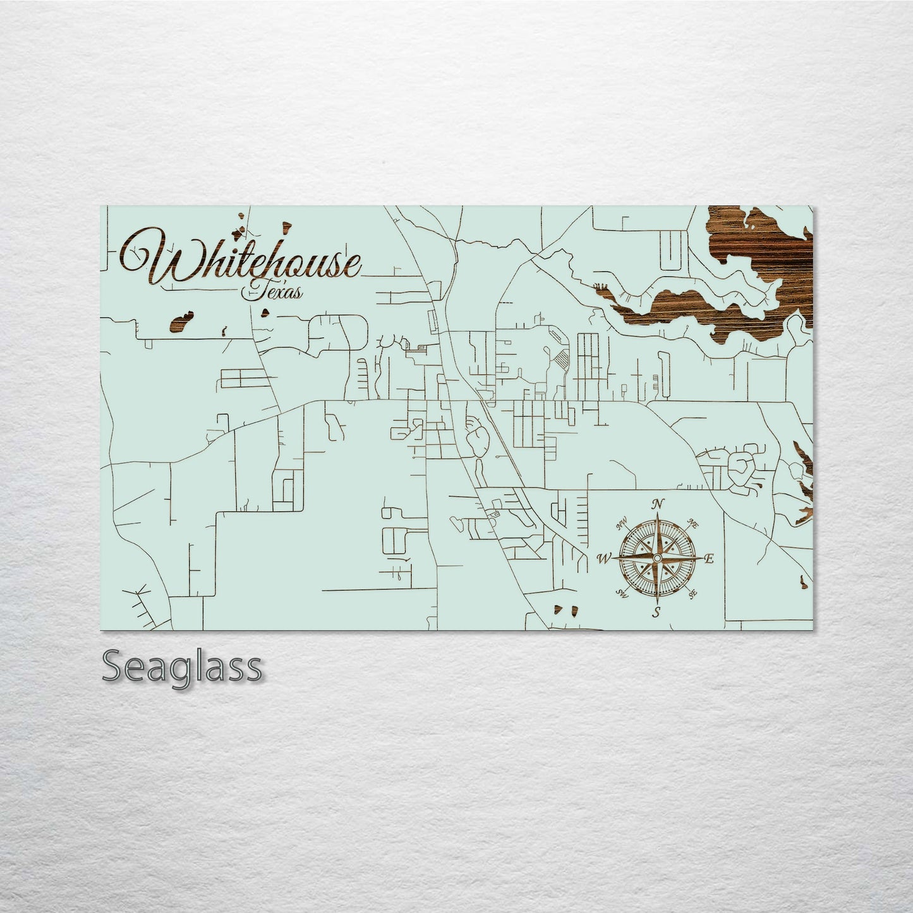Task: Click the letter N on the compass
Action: point(658,504)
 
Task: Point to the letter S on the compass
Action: point(657,612)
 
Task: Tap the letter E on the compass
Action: point(709,559)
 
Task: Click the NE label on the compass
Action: point(693,523)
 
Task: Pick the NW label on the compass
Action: point(621,523)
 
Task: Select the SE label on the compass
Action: point(693,594)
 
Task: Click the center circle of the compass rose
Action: point(657,559)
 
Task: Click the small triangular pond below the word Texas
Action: point(266,311)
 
